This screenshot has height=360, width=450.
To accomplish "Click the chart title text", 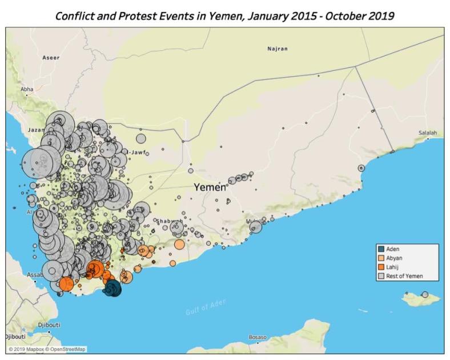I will [224, 15].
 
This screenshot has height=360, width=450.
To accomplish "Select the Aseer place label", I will [50, 58].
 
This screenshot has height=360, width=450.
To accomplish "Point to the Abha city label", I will [27, 89].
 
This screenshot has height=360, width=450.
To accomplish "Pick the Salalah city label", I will [427, 133].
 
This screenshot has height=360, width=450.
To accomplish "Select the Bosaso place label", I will [258, 337].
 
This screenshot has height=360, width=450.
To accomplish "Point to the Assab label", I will [34, 275].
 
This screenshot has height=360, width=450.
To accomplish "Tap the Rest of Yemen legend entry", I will [404, 276].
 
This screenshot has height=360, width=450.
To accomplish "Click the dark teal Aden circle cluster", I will [113, 289].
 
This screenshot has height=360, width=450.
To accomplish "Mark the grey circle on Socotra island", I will [425, 294].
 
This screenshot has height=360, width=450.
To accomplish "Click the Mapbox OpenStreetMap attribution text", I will [47, 349].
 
